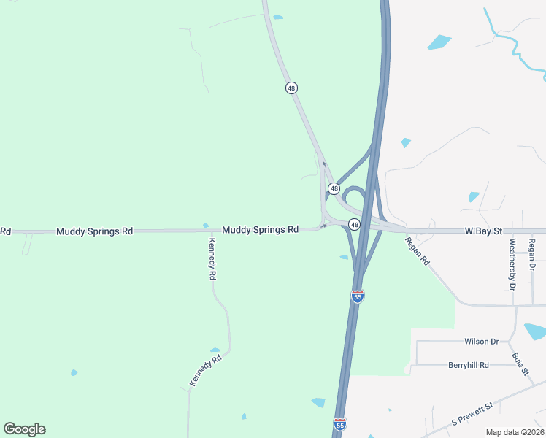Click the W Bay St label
pyautogui.click(x=483, y=231)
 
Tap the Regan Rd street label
pyautogui.click(x=418, y=250)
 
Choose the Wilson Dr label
pyautogui.click(x=481, y=342)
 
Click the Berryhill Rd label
pyautogui.click(x=469, y=364)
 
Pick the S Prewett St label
pyautogui.click(x=472, y=414)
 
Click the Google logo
pyautogui.click(x=24, y=429)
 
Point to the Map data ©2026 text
pyautogui.click(x=515, y=432)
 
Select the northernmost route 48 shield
pyautogui.click(x=291, y=88)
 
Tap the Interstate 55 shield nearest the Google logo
pyautogui.click(x=339, y=423)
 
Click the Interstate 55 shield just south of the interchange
pyautogui.click(x=357, y=296)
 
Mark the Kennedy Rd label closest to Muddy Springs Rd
pyautogui.click(x=212, y=260)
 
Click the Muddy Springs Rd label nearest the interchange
pyautogui.click(x=261, y=229)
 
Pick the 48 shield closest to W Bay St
pyautogui.click(x=354, y=224)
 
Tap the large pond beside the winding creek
pyautogui.click(x=439, y=42)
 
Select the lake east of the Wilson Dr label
pyautogui.click(x=536, y=332)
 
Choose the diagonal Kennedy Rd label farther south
pyautogui.click(x=204, y=370)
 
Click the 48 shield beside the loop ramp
pyautogui.click(x=334, y=188)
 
